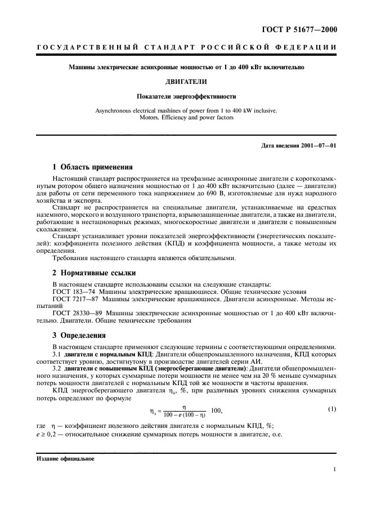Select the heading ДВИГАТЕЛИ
pos(186,81)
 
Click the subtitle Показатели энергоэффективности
pos(186,96)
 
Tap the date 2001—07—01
pos(318,146)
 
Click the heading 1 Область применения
pos(92,167)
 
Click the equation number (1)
pos(331,409)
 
